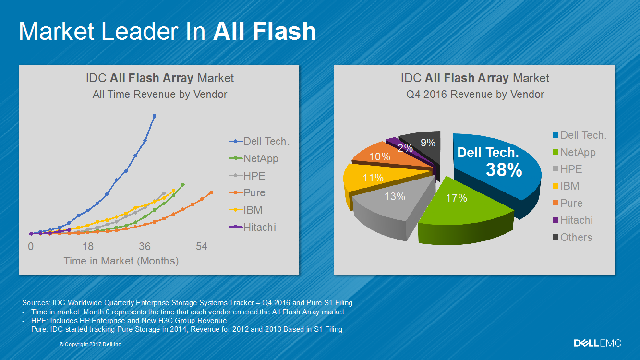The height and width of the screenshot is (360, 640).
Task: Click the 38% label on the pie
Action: (x=504, y=170)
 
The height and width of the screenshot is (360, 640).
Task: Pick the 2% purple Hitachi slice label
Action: (x=405, y=148)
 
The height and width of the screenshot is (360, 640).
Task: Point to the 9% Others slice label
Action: (x=427, y=143)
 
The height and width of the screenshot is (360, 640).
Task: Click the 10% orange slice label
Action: (x=379, y=157)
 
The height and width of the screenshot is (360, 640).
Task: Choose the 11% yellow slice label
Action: (x=373, y=178)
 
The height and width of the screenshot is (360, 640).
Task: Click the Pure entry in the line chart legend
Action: (x=254, y=193)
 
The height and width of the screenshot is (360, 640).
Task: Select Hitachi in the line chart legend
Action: (x=259, y=228)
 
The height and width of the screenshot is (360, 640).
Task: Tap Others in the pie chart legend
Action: (x=576, y=237)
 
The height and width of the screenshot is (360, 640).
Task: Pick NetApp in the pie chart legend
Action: (x=578, y=153)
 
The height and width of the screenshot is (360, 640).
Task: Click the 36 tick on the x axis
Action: (x=145, y=247)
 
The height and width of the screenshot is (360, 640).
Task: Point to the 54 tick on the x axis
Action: (x=202, y=247)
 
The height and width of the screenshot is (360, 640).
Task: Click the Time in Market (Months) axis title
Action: (x=121, y=261)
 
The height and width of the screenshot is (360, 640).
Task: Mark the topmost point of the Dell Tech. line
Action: (x=154, y=116)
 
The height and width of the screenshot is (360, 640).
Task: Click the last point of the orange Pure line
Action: (x=211, y=192)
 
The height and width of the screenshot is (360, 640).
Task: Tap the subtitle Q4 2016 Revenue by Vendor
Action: (x=475, y=95)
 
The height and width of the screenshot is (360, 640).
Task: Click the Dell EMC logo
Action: (x=597, y=343)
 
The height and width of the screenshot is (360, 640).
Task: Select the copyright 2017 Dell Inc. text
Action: (x=91, y=345)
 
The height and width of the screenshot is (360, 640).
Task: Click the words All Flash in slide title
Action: (x=265, y=32)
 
